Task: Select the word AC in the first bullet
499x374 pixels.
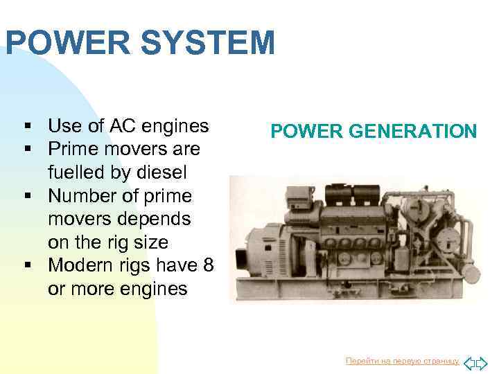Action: pos(114,126)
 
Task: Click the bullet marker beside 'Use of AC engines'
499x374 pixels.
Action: pos(28,127)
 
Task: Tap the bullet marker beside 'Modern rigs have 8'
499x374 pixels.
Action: pos(28,266)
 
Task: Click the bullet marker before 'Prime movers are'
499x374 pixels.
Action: pos(28,150)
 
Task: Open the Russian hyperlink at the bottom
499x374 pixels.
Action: pos(402,361)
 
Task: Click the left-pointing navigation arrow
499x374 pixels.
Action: pos(468,362)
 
